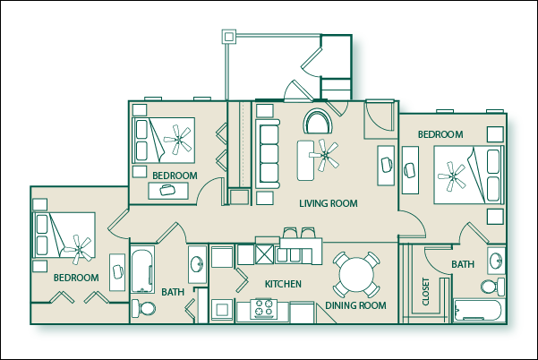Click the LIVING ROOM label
point(328,204)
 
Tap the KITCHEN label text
point(282,285)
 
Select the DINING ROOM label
point(355,306)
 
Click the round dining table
point(356,274)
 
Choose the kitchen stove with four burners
point(265,309)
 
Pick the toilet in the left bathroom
point(143,309)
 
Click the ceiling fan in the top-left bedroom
point(181,137)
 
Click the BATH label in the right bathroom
point(463,265)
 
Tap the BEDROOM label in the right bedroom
point(440,135)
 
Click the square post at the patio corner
point(227,37)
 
